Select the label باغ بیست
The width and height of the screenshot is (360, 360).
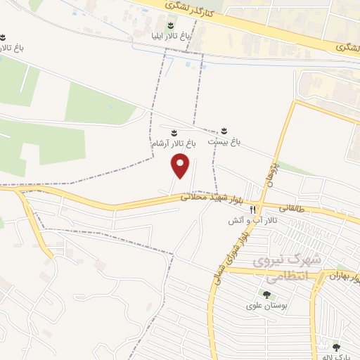click(224, 141)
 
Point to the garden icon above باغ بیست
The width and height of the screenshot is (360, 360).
click(224, 131)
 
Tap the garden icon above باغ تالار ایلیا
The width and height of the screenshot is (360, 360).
click(167, 25)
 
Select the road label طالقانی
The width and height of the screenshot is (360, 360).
click(293, 208)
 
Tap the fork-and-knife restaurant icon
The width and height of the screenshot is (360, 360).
click(252, 210)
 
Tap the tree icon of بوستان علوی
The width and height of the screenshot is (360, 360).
click(266, 294)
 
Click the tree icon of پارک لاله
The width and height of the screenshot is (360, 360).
click(336, 346)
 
